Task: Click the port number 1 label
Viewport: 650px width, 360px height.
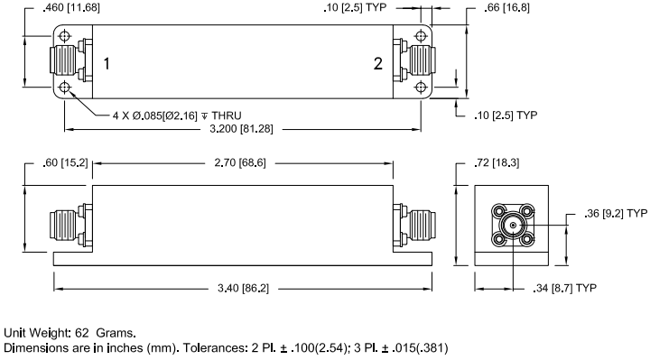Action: click(x=107, y=64)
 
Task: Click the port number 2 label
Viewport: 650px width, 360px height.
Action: click(x=378, y=63)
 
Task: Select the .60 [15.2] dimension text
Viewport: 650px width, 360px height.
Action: click(x=62, y=163)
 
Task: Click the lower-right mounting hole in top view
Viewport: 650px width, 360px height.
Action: click(x=422, y=88)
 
